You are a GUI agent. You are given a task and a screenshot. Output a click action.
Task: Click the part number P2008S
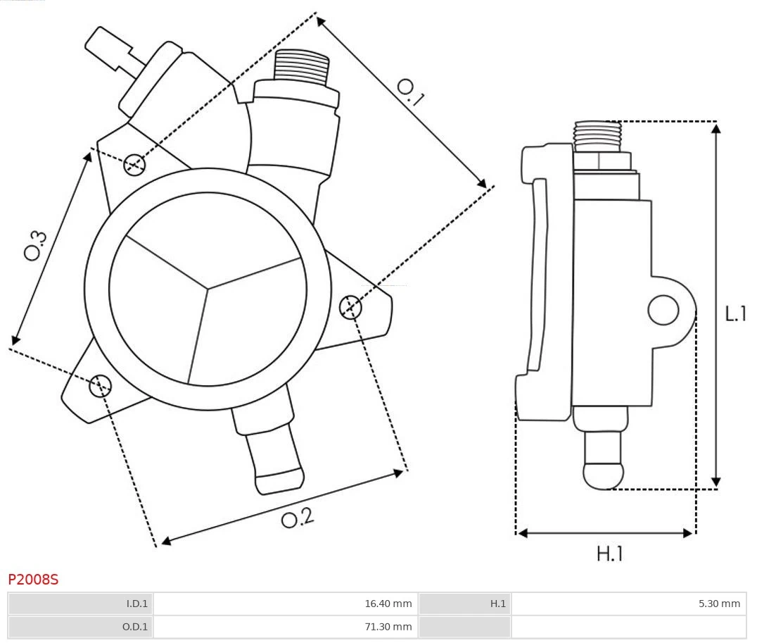coord(33,580)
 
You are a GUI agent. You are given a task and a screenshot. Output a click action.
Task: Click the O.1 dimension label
coord(410,92)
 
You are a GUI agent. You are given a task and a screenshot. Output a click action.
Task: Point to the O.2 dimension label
coord(297,518)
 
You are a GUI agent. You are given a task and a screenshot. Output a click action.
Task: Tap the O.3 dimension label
coord(35,244)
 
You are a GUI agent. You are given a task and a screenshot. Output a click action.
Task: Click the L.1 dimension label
coord(736,313)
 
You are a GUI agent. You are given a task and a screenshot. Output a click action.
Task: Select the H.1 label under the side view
coord(610,554)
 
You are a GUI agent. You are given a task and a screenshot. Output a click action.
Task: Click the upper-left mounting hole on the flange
coord(134,165)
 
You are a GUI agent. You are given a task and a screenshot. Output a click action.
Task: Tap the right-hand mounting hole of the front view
coord(350,308)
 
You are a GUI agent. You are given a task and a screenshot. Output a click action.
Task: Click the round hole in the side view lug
coord(663,310)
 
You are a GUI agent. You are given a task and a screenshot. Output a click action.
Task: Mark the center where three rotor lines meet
coord(208,287)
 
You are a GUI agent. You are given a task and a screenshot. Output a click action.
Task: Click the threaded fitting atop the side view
coord(597,136)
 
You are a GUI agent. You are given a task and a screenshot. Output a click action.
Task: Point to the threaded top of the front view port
coord(301,68)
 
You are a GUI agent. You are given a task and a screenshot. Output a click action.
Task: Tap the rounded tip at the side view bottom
coord(604,475)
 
